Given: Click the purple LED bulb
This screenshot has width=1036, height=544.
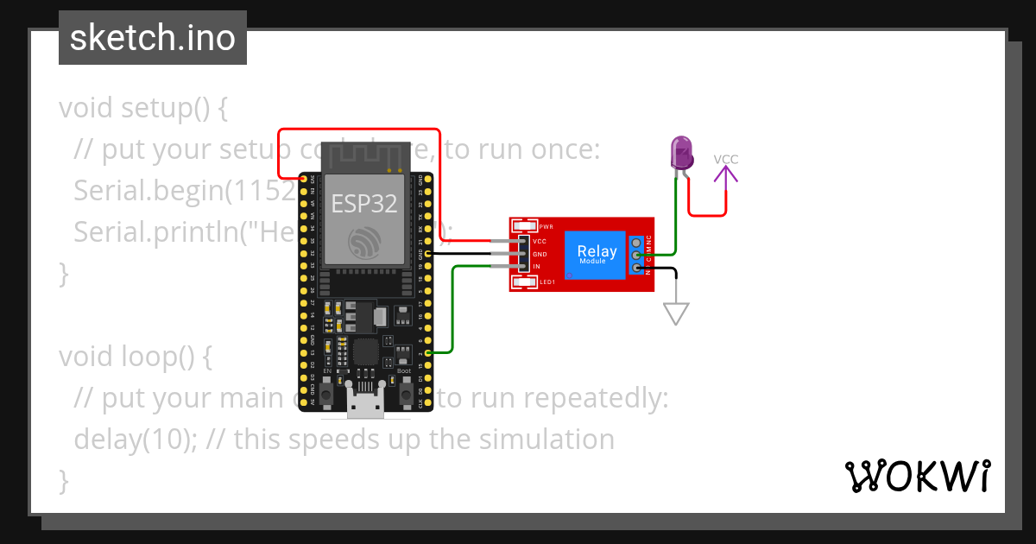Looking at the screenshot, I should pos(682,153).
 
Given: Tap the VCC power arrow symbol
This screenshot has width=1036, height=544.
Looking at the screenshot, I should pos(726,175).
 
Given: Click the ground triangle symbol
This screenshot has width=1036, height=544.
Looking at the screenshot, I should pos(676,313).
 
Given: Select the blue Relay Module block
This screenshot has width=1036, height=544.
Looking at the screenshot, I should pos(596,255).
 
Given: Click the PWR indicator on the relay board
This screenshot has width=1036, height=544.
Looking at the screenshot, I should pos(523,226).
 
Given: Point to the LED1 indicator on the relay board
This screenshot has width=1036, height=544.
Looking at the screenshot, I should pos(524,281).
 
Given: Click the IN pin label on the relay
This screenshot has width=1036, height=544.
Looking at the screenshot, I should pos(537,267).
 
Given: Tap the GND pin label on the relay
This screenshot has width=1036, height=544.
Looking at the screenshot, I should pos(540,254).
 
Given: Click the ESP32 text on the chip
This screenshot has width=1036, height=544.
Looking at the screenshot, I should pos(364,204).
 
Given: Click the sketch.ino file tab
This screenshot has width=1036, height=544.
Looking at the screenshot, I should pos(153,38).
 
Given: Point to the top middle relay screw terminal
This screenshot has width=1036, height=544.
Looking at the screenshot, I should pos(636,256).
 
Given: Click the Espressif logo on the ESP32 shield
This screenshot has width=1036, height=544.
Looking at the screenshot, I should pos(363,242).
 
